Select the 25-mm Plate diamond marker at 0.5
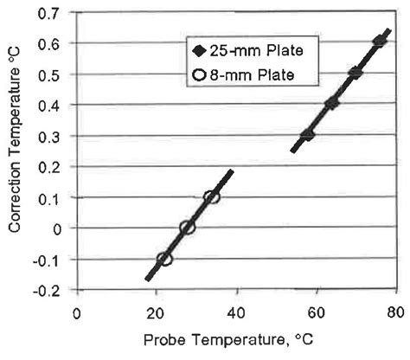coord(355,73)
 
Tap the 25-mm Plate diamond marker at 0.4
coord(331,104)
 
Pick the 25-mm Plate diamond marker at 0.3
coord(307,135)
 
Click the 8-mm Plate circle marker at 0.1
coord(212,197)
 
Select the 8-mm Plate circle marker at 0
coord(188,228)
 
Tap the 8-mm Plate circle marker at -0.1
coord(164,259)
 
